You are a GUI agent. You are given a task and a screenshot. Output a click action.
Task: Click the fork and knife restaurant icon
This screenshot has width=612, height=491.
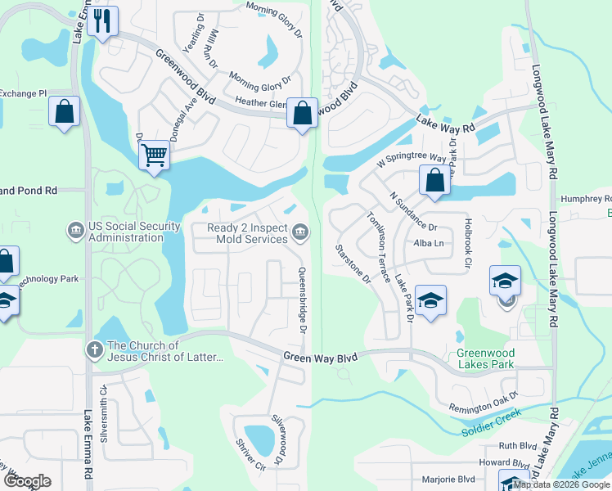[102, 21]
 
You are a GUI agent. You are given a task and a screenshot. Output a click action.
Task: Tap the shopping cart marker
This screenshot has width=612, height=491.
[154, 154]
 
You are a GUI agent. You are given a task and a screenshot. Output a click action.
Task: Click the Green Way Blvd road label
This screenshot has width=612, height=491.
[322, 357]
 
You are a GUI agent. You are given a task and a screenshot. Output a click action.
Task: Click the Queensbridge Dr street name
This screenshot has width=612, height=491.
[302, 300]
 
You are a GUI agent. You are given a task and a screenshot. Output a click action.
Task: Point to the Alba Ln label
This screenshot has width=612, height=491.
[428, 244]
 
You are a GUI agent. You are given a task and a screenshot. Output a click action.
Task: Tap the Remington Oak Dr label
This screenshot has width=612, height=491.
[484, 401]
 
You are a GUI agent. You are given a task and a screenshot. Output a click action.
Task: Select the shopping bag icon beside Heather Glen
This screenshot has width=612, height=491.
[302, 114]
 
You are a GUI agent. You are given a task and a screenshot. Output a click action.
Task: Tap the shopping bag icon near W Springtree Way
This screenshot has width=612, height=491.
[434, 180]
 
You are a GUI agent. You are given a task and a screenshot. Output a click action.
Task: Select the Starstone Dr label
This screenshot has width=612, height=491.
[353, 264]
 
